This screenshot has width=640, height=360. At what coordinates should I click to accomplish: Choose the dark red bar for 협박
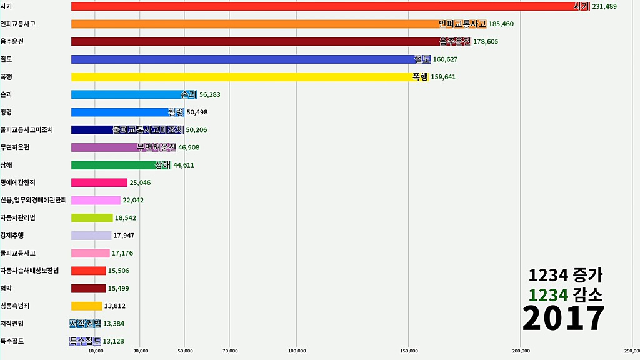click(88, 289)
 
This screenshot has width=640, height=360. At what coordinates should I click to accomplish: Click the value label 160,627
click(450, 59)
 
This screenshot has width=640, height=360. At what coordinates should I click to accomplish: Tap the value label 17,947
click(124, 236)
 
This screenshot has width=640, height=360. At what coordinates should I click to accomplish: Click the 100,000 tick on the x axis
click(296, 351)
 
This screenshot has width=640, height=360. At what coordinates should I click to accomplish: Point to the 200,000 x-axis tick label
click(521, 351)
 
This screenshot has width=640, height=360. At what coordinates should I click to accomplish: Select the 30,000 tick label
click(141, 351)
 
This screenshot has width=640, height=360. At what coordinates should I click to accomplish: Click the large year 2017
click(564, 319)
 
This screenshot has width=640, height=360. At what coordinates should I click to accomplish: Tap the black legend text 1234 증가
click(565, 275)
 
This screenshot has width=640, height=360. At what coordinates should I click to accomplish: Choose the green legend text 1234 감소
click(565, 294)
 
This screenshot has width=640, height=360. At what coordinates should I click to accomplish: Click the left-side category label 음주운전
click(12, 41)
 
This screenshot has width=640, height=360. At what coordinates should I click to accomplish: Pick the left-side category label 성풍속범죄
click(15, 306)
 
